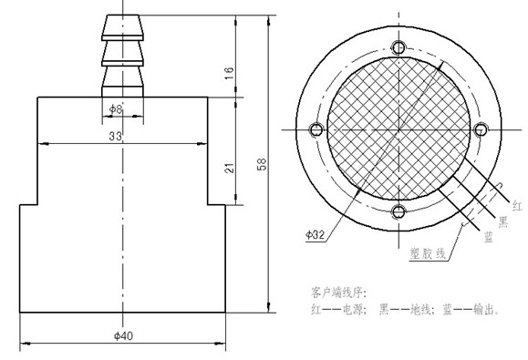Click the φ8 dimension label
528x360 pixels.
[116, 108]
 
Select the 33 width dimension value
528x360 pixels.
[115, 136]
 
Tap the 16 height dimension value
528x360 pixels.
[229, 73]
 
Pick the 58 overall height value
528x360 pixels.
[262, 164]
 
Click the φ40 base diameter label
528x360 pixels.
[123, 335]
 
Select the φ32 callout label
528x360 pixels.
[315, 234]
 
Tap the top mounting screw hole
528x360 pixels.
[399, 47]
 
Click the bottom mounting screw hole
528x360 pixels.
[399, 211]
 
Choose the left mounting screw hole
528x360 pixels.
[316, 129]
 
